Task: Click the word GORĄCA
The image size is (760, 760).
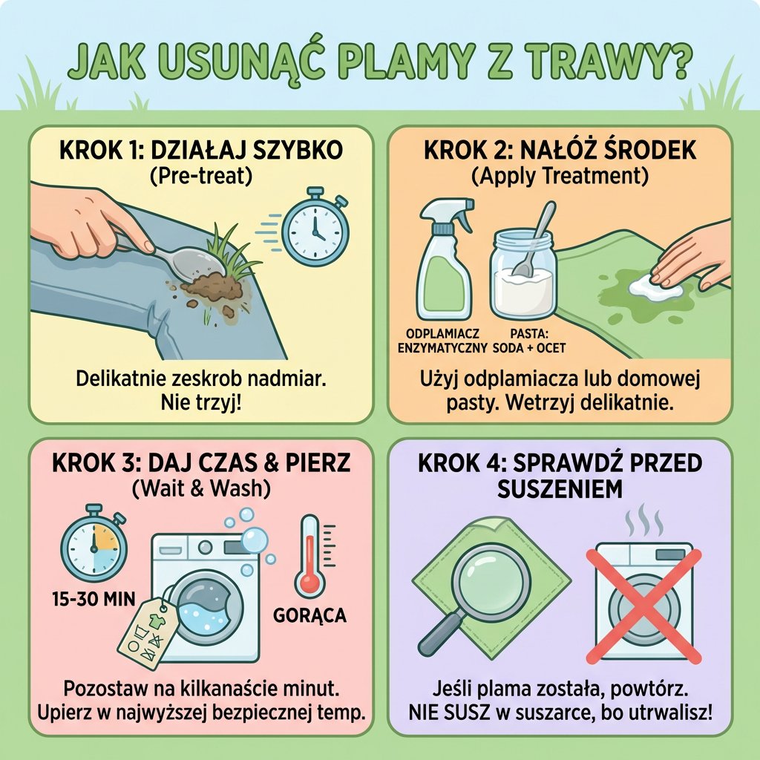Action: click(x=310, y=615)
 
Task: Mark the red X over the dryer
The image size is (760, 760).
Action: click(x=643, y=606)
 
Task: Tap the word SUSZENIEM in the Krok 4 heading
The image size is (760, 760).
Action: click(x=560, y=490)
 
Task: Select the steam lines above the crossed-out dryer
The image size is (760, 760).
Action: click(x=643, y=522)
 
